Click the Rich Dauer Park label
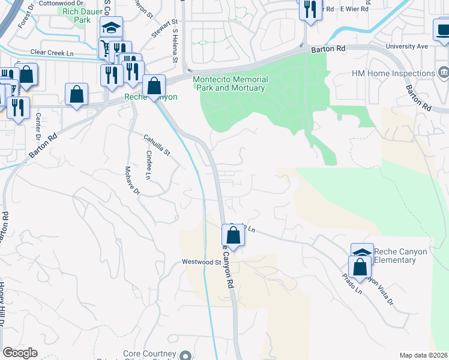pos(74,15)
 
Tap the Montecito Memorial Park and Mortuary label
pos(230,83)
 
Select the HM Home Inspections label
pos(393,74)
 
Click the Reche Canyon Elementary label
pos(400,256)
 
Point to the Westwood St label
pos(202,262)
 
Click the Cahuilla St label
pos(157,146)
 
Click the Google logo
pos(20,353)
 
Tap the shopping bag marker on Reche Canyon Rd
pos(234,234)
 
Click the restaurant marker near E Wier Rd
pos(309,9)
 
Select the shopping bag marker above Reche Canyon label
pos(154,85)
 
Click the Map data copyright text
pos(423,355)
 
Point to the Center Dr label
pos(38,123)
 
